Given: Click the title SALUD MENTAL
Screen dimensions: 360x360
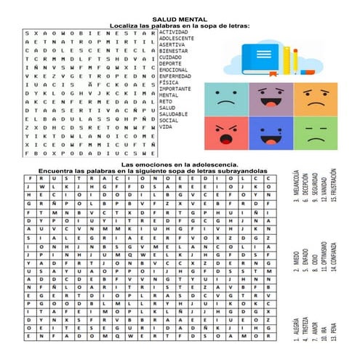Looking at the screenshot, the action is [179, 19].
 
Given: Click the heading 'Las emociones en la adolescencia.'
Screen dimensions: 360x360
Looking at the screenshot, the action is [179, 165].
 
